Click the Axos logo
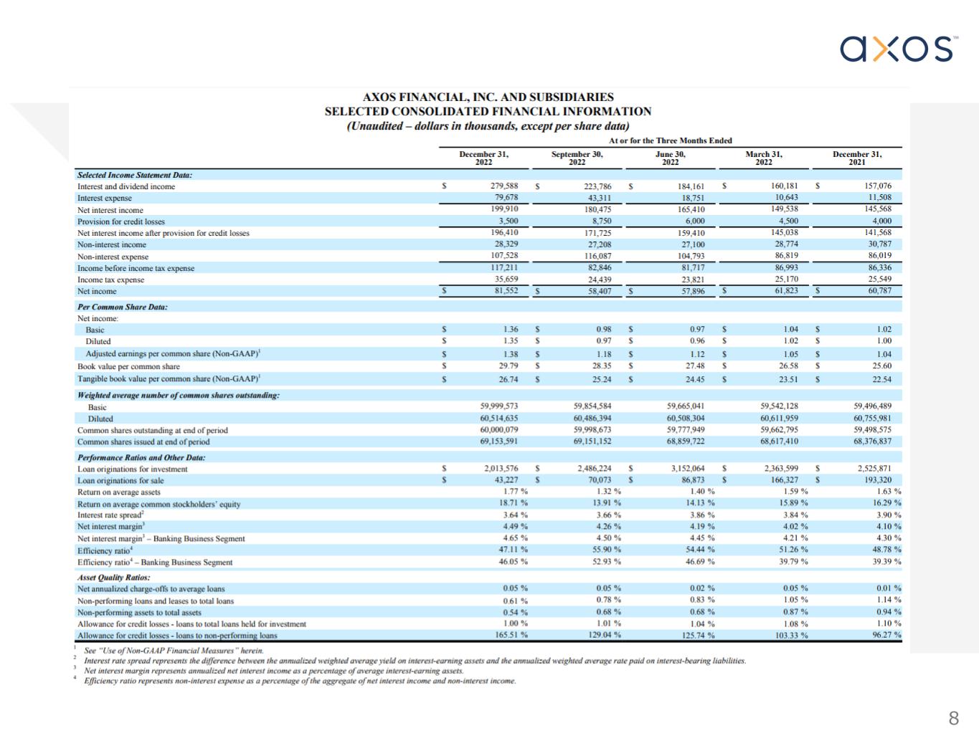898,49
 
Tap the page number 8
953,718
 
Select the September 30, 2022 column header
577,158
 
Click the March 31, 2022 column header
764,158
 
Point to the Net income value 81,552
502,291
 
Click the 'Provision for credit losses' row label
121,221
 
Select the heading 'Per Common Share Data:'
123,307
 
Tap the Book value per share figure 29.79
509,366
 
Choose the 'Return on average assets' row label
119,492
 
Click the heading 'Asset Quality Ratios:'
113,577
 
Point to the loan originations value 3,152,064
687,469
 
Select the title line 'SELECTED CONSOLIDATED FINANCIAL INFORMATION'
488,112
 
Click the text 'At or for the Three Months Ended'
671,140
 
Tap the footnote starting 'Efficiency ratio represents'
300,681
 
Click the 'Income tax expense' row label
110,279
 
